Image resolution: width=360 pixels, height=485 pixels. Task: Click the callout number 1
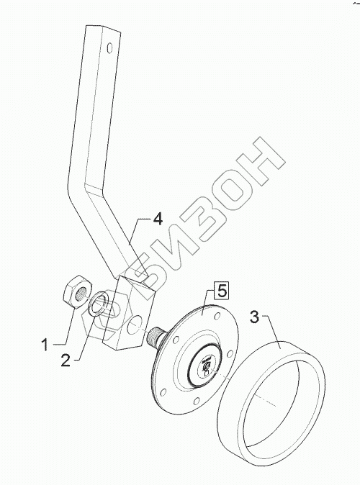pos(45,345)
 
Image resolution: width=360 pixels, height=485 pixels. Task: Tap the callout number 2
pos(66,361)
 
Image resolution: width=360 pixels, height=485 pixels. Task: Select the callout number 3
pos(254,317)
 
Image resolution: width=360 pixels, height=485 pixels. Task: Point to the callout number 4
pos(158,219)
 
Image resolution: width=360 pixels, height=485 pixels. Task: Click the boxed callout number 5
pos(222,291)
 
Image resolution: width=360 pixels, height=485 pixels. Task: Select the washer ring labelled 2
pos(98,304)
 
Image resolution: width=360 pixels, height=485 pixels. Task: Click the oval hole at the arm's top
pos(109,48)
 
